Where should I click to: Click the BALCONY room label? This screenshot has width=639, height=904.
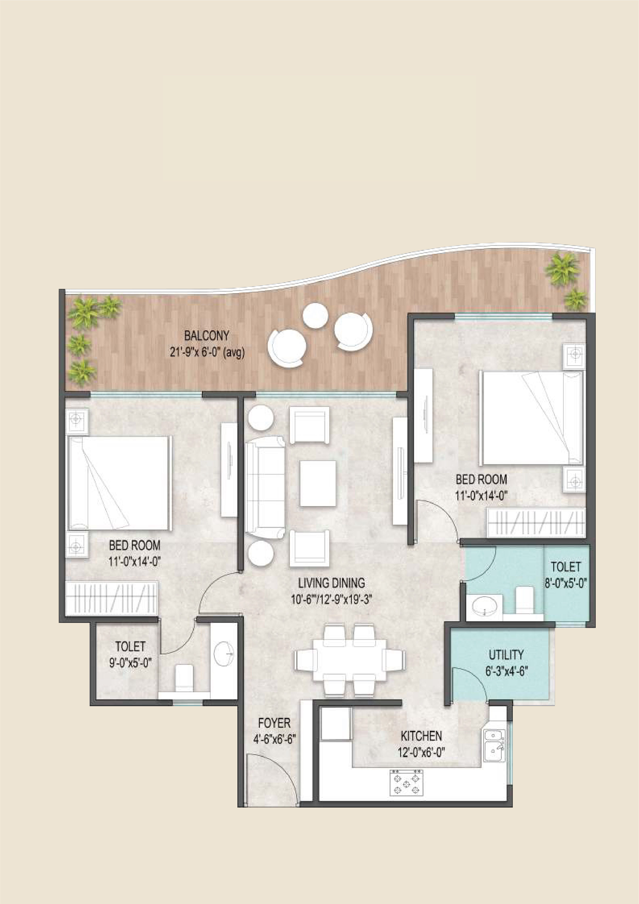(x=207, y=336)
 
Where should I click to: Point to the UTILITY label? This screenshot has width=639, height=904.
(x=506, y=655)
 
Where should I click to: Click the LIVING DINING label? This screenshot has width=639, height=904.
(x=331, y=583)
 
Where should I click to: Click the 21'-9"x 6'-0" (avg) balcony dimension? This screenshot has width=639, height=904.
(x=207, y=352)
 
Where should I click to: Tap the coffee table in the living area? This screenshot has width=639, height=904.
(x=318, y=483)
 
